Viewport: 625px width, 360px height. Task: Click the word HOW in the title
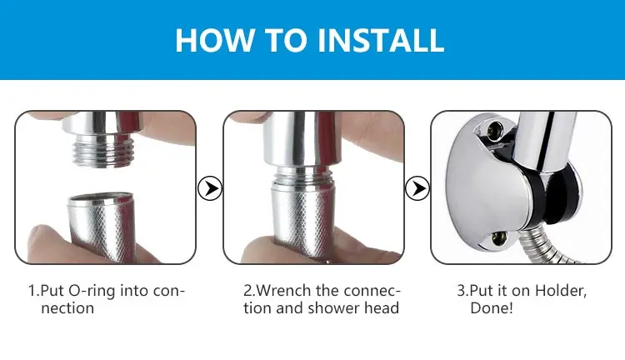click(x=215, y=40)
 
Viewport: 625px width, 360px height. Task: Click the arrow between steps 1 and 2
click(x=210, y=188)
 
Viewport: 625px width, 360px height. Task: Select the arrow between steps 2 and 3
click(x=417, y=188)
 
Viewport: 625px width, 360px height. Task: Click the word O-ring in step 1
click(x=92, y=291)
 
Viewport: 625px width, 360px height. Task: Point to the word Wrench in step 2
click(x=283, y=291)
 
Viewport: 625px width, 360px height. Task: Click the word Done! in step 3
click(x=492, y=308)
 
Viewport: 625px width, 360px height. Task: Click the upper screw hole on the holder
click(x=495, y=129)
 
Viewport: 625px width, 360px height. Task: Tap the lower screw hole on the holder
click(x=497, y=239)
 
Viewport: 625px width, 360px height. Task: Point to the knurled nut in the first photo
click(x=101, y=227)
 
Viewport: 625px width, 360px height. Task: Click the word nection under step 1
click(x=67, y=308)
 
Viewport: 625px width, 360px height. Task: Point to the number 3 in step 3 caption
click(x=461, y=291)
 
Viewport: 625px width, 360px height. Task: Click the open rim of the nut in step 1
click(x=101, y=199)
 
